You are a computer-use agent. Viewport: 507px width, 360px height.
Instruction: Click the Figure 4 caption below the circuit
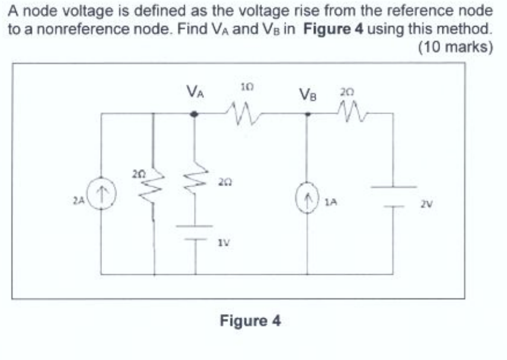point(250,320)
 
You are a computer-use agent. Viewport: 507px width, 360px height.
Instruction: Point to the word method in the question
point(464,29)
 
